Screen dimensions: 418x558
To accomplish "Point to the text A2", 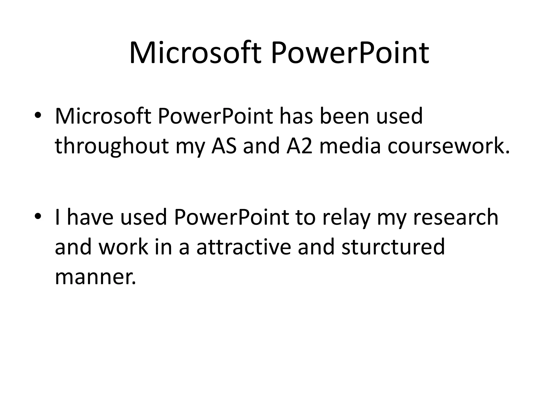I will (299, 146).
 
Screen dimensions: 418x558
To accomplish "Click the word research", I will (455, 217).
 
